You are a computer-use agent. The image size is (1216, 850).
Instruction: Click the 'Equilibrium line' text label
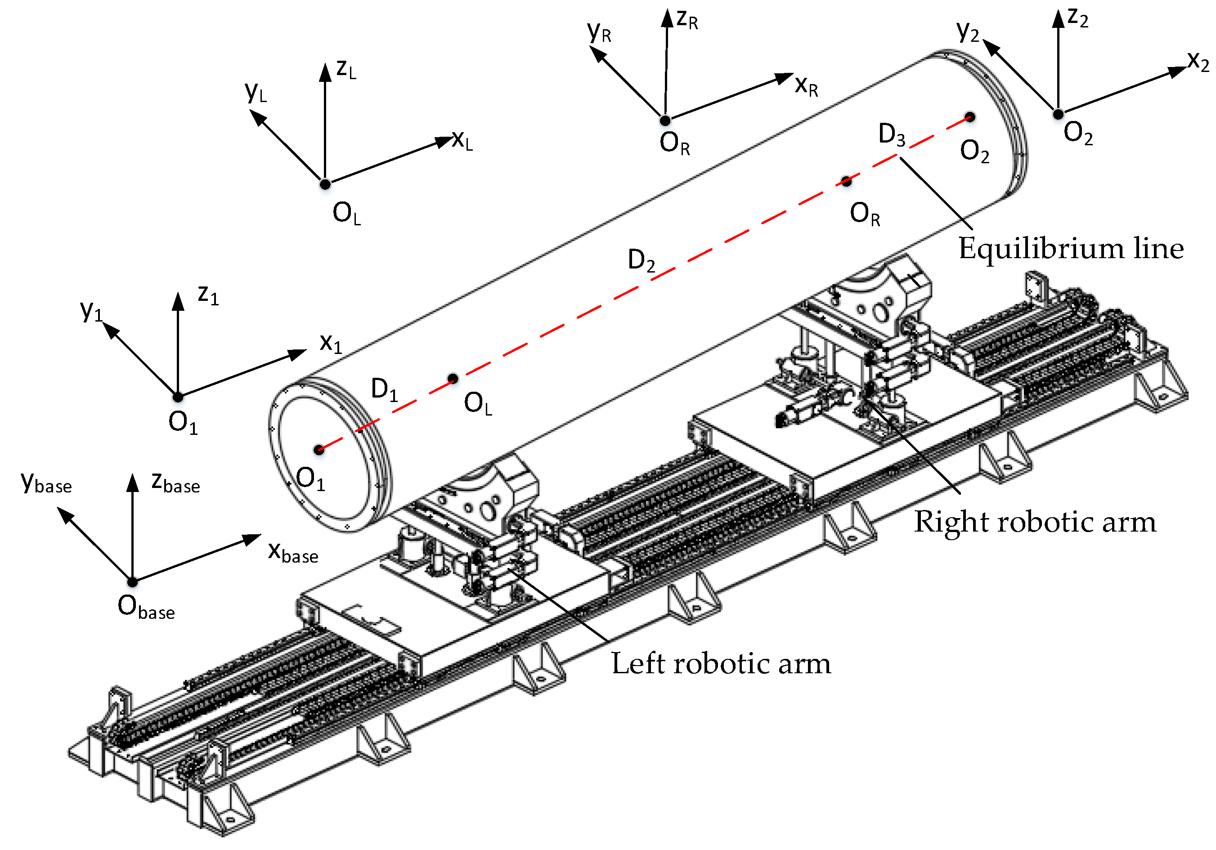pyautogui.click(x=1071, y=248)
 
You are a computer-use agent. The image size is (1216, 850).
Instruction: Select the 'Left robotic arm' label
pyautogui.click(x=721, y=663)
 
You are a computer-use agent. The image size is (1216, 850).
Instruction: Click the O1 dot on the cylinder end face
pyautogui.click(x=319, y=450)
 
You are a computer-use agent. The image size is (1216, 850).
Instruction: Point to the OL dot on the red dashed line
pyautogui.click(x=453, y=378)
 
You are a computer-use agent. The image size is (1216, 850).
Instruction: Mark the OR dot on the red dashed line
pyautogui.click(x=846, y=181)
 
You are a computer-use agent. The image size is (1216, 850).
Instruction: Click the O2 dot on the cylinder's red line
pyautogui.click(x=970, y=117)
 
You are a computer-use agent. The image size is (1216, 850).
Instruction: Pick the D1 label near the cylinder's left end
pyautogui.click(x=384, y=390)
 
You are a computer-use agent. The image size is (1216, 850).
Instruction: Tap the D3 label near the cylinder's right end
pyautogui.click(x=892, y=134)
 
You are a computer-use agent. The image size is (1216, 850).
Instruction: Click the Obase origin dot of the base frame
pyautogui.click(x=132, y=582)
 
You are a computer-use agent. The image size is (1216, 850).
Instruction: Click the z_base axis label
pyautogui.click(x=175, y=483)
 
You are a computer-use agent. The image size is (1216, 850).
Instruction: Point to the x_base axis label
pyautogui.click(x=293, y=552)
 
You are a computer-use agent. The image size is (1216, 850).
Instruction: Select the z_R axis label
pyautogui.click(x=687, y=20)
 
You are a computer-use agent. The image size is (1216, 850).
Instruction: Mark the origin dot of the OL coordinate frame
pyautogui.click(x=325, y=184)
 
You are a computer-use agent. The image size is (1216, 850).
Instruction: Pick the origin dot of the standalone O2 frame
pyautogui.click(x=1058, y=114)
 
